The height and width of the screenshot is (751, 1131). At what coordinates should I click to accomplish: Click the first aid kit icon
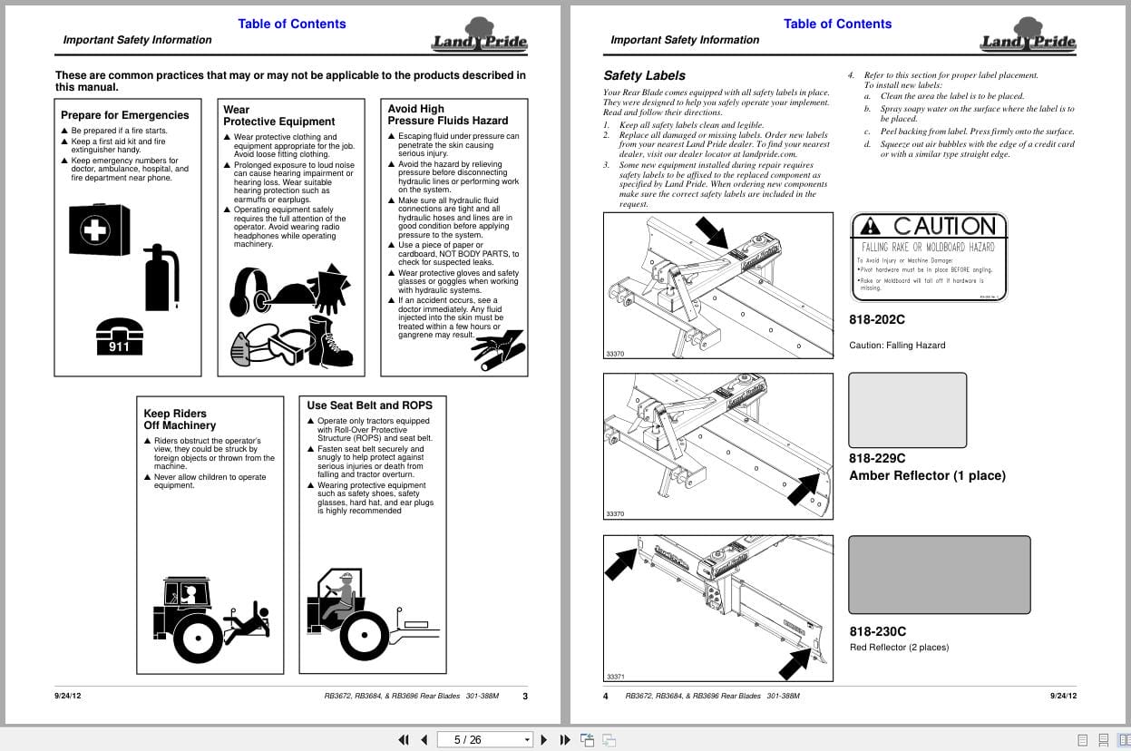point(99,229)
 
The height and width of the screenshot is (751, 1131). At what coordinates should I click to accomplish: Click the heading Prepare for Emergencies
point(125,115)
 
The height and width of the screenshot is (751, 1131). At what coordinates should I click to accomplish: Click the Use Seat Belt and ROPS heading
point(369,405)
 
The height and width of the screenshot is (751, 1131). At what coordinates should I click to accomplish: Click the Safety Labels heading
point(644,75)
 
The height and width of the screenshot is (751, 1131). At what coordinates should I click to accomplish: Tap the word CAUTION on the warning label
point(943,226)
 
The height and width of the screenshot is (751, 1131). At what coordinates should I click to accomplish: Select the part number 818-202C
point(876,319)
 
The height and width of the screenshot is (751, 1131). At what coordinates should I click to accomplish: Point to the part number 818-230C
point(877,631)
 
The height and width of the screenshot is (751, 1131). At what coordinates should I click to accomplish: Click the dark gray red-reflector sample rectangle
point(939,575)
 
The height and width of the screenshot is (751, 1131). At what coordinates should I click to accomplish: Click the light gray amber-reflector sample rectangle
point(907,410)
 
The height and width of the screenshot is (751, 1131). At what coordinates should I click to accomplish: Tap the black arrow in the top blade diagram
point(712,231)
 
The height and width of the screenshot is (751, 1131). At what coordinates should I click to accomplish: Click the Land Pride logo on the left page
point(479,35)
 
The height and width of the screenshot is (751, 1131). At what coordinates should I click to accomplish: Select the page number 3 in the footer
point(525,697)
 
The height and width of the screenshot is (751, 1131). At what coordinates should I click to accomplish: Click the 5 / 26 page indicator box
point(484,739)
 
